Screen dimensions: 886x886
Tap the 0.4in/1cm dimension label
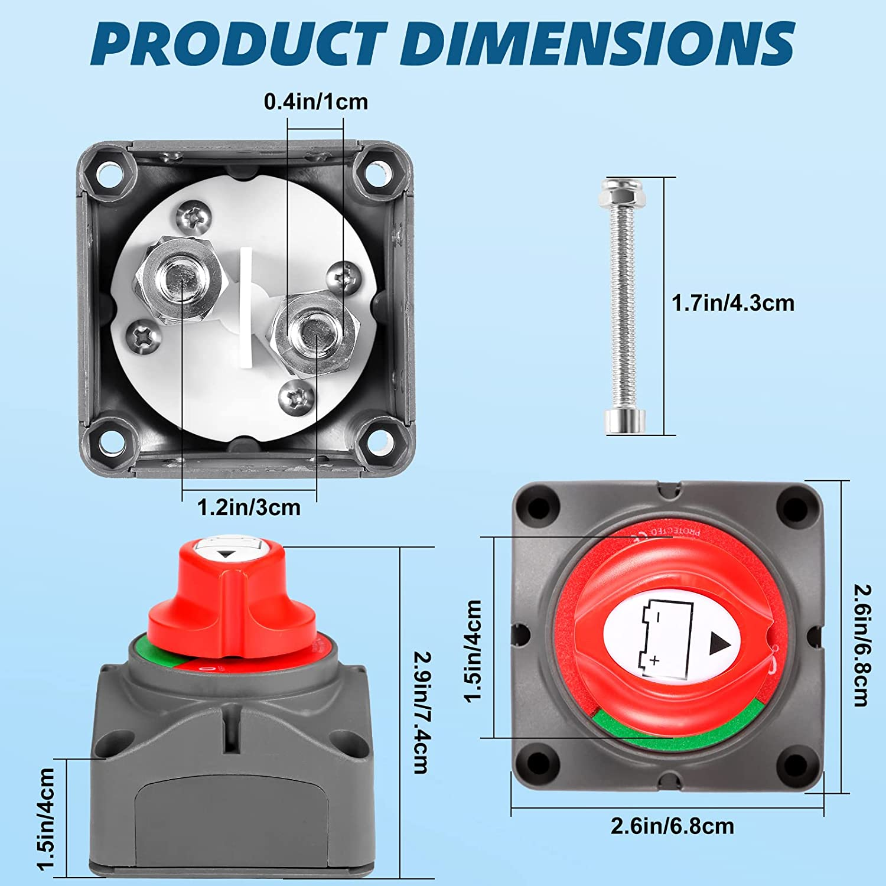pyautogui.click(x=315, y=102)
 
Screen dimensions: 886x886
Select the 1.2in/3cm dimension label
pyautogui.click(x=249, y=507)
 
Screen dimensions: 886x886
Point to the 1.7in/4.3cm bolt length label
pyautogui.click(x=733, y=303)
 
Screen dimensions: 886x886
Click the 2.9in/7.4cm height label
pyautogui.click(x=421, y=712)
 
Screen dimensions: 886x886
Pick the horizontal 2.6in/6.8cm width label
pyautogui.click(x=672, y=826)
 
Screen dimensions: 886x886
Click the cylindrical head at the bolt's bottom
pyautogui.click(x=625, y=422)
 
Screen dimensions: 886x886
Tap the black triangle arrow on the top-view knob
pyautogui.click(x=719, y=644)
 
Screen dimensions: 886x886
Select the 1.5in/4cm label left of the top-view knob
pyautogui.click(x=474, y=650)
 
